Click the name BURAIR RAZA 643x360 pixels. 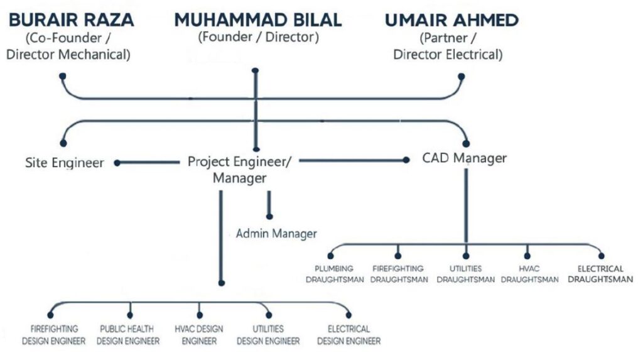pos(72,19)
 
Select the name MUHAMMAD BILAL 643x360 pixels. pos(258,19)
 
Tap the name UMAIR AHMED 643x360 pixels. pos(451,19)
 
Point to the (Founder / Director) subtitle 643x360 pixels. pos(258,37)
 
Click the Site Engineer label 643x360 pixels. pos(65,163)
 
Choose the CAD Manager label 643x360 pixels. pos(464,158)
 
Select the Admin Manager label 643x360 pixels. pos(276,234)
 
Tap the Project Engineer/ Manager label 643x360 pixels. pos(239,170)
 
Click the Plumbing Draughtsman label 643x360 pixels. pos(335,274)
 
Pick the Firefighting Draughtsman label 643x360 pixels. pos(399,274)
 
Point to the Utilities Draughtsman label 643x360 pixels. pos(465,274)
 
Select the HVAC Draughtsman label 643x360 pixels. pos(529,274)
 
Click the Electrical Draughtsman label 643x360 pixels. pos(600,274)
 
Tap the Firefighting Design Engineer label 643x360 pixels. pos(54,335)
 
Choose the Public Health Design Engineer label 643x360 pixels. pos(128,335)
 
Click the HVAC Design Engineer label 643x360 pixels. pos(199,335)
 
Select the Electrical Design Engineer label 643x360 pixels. pos(349,335)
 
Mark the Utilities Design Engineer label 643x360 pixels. pos(268,335)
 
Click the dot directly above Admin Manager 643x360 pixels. pos(269,216)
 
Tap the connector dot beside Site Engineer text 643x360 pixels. pos(117,163)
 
